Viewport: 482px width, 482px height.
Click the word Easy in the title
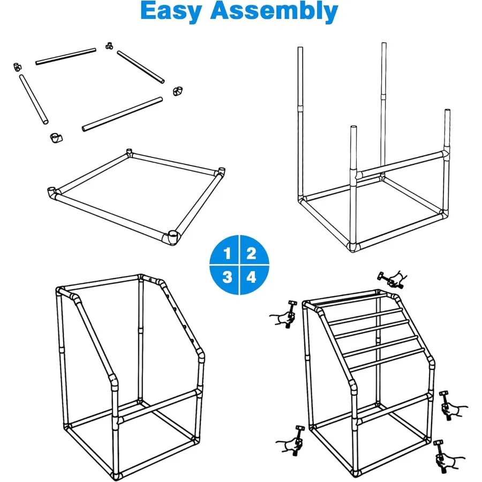coord(171,11)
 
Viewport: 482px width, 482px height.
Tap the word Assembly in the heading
coord(274,11)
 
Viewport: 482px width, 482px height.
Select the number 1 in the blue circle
coord(227,254)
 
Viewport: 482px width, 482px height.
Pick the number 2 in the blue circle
coord(251,254)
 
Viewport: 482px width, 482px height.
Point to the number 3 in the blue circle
coord(227,277)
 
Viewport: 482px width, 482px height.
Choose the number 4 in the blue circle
coord(252,277)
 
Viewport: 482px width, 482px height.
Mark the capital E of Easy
coord(148,11)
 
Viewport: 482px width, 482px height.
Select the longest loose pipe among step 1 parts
coord(122,114)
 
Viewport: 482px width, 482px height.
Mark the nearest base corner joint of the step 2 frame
coord(353,246)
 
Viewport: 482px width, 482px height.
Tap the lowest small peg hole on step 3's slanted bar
coord(192,341)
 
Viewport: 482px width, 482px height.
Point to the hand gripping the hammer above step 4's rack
coord(397,279)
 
